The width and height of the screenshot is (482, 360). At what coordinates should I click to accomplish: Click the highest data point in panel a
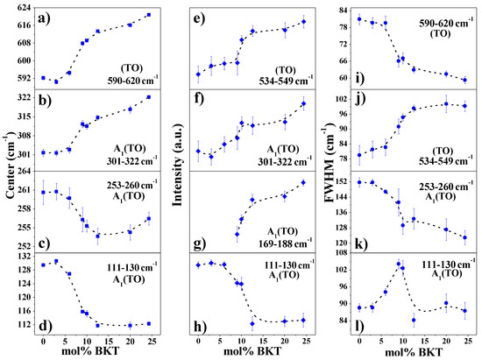tap(149, 15)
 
